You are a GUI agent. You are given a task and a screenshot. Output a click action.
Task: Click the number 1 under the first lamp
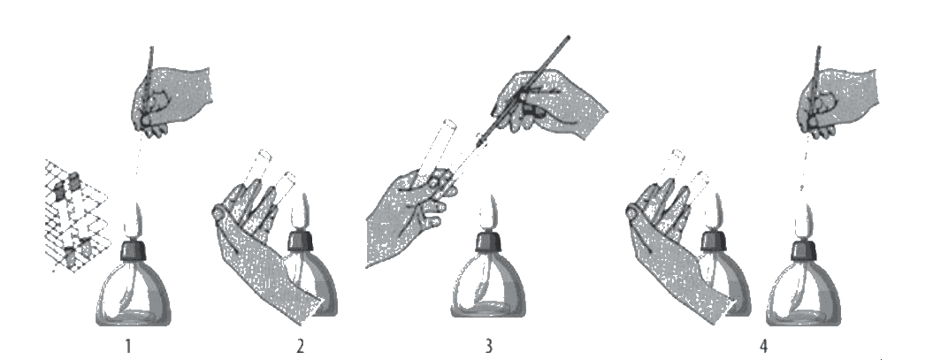coord(127,346)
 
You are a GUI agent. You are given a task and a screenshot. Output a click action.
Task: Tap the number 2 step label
coord(301,346)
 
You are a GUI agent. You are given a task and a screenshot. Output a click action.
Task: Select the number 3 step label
coord(488,346)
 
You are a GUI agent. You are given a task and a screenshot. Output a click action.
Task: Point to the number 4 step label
coord(763,346)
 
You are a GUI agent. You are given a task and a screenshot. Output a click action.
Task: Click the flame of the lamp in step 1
coord(133,221)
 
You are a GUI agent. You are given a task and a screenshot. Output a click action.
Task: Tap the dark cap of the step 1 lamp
coord(133,249)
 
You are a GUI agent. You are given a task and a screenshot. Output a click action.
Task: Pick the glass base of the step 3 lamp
coord(488,292)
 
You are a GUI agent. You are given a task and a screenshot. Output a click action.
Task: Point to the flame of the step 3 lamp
coord(488,213)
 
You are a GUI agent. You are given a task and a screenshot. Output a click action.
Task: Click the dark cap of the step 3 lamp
coord(488,241)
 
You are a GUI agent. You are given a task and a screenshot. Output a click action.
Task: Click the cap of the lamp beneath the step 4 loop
coord(803,249)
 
